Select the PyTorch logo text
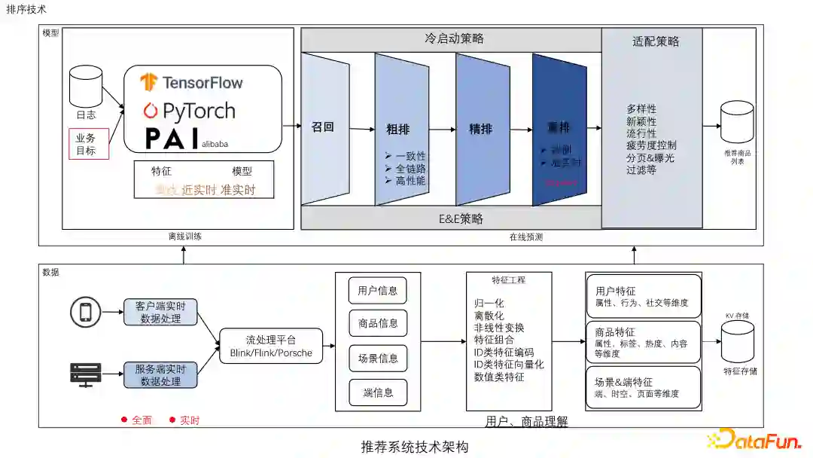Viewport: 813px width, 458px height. pos(189,111)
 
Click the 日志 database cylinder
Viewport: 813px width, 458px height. pos(86,87)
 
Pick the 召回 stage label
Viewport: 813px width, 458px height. pos(322,127)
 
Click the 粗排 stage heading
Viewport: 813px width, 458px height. pos(398,130)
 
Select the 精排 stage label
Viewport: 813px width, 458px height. pos(480,129)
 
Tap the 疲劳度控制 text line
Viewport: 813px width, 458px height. pos(651,145)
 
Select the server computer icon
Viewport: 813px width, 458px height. pos(85,374)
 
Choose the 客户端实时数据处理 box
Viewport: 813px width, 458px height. pos(160,312)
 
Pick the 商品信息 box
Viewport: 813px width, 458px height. pos(378,323)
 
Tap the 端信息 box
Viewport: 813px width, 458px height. pos(378,392)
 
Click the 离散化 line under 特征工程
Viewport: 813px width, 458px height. pos(489,316)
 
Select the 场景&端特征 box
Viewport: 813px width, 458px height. pos(643,387)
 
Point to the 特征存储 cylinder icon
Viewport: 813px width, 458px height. pos(737,346)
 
